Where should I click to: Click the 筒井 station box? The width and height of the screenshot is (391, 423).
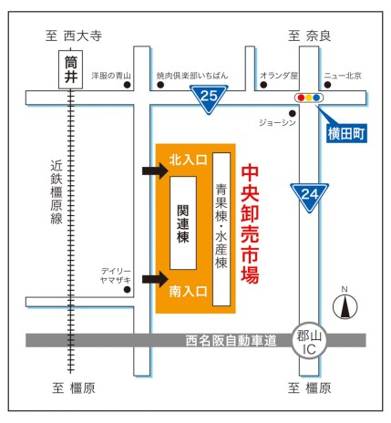pos(70,69)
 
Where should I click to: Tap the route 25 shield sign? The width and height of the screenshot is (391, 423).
pos(209,98)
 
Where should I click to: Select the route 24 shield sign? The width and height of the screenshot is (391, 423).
pos(309,197)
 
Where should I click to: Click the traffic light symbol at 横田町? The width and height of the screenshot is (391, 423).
pos(309,98)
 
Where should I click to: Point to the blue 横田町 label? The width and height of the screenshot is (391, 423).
pos(346,133)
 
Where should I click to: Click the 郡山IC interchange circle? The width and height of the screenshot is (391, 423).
pos(309,341)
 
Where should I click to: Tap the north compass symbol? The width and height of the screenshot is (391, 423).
pos(345,305)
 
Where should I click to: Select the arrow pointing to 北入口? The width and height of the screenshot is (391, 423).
pos(155,170)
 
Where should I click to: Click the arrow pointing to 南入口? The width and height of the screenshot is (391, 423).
pos(155,279)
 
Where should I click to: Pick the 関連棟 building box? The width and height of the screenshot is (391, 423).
pos(183,222)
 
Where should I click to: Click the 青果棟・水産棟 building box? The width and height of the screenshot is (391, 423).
pos(221,229)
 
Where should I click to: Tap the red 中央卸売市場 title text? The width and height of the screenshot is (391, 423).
pos(250,225)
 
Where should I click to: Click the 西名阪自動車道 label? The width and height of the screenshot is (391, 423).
pos(232,341)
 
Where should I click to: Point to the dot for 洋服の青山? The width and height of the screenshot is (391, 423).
pos(128,85)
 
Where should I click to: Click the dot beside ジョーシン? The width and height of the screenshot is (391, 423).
pos(293,114)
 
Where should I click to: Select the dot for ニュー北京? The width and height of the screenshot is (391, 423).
pos(327,85)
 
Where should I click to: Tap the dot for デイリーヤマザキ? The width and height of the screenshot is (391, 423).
pos(128,290)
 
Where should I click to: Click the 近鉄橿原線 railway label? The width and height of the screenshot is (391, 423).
pos(57,192)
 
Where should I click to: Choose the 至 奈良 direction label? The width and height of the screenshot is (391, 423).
pos(309,36)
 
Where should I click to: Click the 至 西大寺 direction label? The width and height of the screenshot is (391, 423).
pos(74,36)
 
